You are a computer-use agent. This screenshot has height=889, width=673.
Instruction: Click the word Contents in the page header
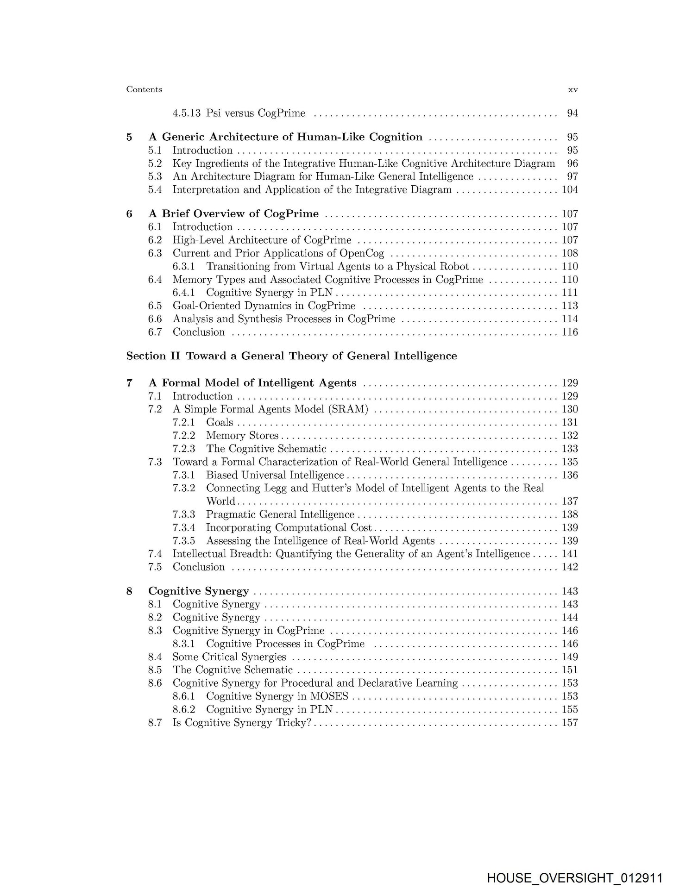pyautogui.click(x=144, y=89)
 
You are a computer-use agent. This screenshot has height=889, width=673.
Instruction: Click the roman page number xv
pyautogui.click(x=572, y=90)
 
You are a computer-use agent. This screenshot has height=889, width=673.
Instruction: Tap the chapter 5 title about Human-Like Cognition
pyautogui.click(x=285, y=137)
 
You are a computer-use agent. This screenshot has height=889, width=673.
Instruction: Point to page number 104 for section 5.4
pyautogui.click(x=569, y=190)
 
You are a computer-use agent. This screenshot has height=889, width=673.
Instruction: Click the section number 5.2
pyautogui.click(x=155, y=163)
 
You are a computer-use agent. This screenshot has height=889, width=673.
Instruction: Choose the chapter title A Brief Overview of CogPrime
pyautogui.click(x=233, y=214)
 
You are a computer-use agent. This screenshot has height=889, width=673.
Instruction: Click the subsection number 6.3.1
pyautogui.click(x=183, y=267)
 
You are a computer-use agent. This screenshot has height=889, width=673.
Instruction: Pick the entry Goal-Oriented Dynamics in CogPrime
pyautogui.click(x=264, y=306)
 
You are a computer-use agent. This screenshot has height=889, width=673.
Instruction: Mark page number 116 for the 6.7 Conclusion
pyautogui.click(x=569, y=332)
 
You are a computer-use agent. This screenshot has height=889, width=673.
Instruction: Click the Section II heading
pyautogui.click(x=291, y=356)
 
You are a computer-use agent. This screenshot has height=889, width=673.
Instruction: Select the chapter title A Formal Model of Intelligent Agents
pyautogui.click(x=252, y=383)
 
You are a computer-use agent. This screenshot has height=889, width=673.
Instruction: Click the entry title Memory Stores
pyautogui.click(x=242, y=436)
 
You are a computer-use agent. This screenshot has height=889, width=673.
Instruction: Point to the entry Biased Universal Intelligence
pyautogui.click(x=275, y=475)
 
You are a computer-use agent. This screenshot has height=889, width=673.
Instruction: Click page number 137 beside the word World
pyautogui.click(x=569, y=501)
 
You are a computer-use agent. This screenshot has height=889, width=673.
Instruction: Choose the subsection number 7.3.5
pyautogui.click(x=183, y=541)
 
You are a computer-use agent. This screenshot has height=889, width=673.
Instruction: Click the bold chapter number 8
pyautogui.click(x=129, y=591)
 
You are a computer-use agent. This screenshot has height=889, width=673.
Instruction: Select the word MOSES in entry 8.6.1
pyautogui.click(x=329, y=696)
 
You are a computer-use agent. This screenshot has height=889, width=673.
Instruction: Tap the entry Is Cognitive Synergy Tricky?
pyautogui.click(x=241, y=723)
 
